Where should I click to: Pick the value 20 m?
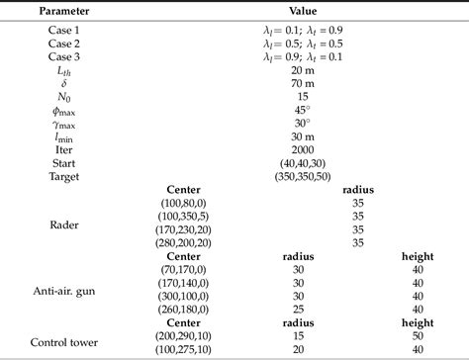303,72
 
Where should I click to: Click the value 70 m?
303,86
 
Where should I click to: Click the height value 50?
414,336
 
